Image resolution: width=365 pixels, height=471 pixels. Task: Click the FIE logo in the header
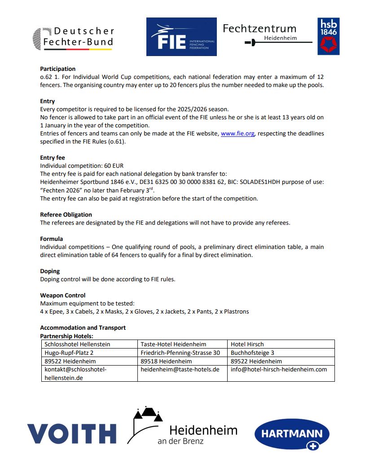coord(181,37)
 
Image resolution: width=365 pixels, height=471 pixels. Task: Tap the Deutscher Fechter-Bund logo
coord(74,37)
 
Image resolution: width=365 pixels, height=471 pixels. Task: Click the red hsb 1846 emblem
coord(328,37)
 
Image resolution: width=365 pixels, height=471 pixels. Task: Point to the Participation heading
coord(57,69)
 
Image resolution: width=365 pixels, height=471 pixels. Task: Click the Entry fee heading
coord(53,157)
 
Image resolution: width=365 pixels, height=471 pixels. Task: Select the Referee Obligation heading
coord(66,214)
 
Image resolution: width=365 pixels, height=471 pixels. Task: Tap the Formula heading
coord(52,239)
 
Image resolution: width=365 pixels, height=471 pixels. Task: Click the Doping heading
coord(50,271)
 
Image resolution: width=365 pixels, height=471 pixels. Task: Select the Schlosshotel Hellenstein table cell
coord(77,344)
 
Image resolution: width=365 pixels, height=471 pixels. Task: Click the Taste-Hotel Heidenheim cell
coord(173,344)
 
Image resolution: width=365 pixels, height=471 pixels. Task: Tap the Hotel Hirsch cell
coord(247,344)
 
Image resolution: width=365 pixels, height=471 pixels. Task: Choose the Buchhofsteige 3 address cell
coord(252,353)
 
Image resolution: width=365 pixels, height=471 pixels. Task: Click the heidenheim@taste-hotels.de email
coord(180,369)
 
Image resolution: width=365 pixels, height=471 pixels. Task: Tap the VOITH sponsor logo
coord(72,434)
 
